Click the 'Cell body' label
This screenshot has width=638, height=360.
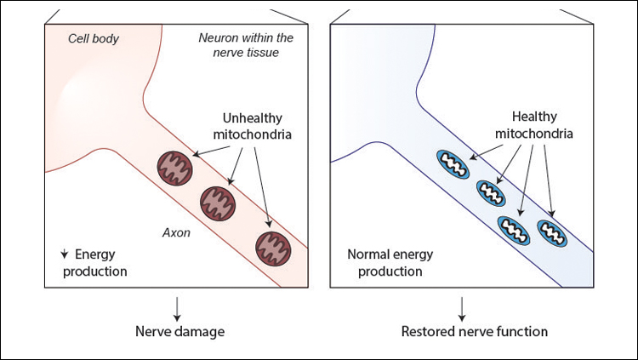click(x=94, y=39)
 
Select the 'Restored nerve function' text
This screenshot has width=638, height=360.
click(x=462, y=331)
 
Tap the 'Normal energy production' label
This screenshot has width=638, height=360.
click(x=385, y=263)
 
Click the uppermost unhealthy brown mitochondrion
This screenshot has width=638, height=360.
click(x=174, y=166)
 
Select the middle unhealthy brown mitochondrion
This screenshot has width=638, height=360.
click(x=216, y=201)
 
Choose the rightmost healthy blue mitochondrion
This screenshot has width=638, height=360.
click(x=551, y=232)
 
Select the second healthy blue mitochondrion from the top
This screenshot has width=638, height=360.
click(x=491, y=192)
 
